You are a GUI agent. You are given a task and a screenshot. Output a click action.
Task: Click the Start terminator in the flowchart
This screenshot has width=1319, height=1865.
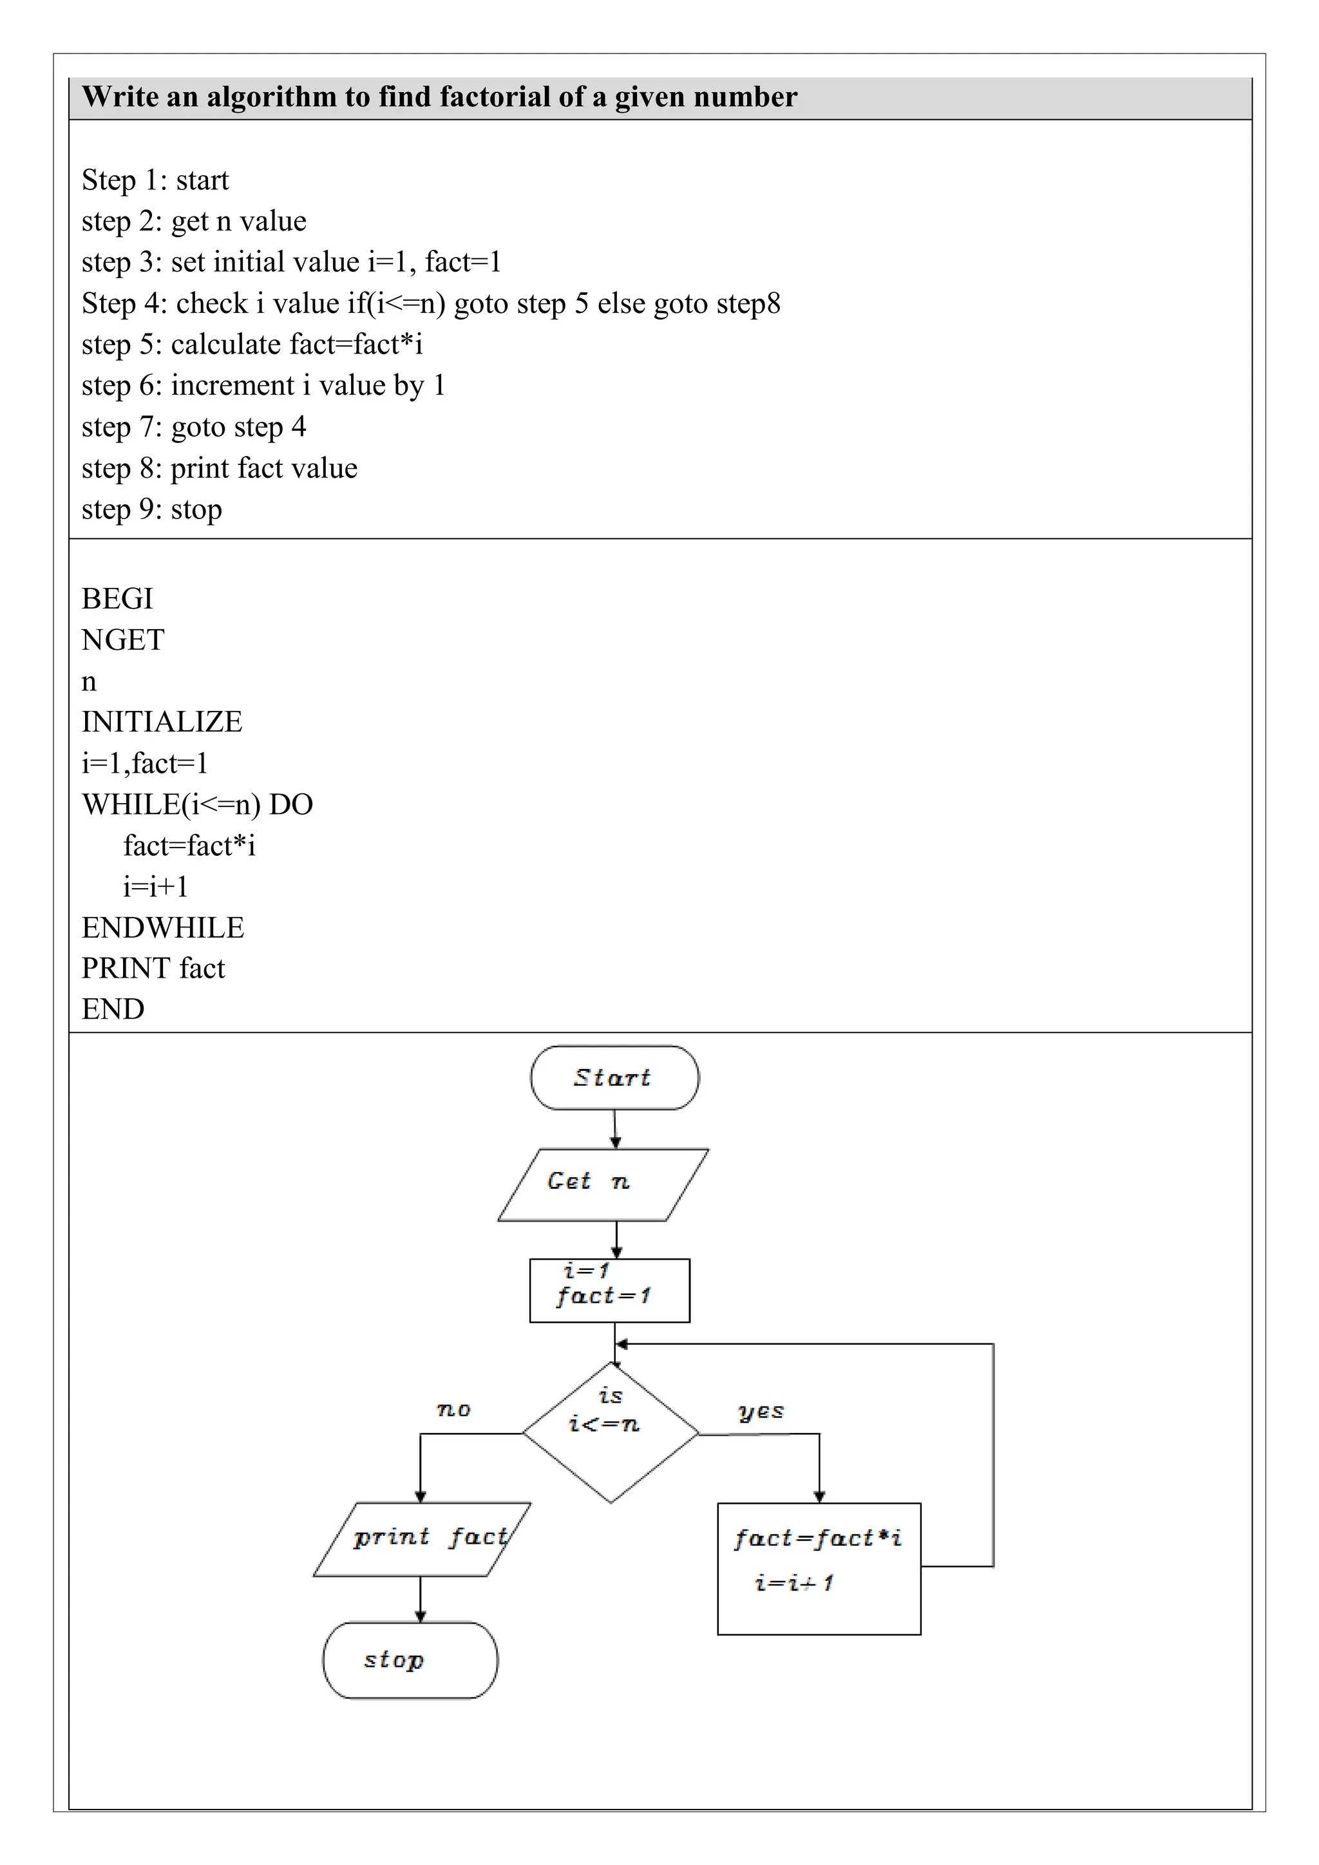[x=614, y=1077]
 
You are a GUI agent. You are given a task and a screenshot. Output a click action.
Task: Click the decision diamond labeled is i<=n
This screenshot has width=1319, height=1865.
[x=610, y=1433]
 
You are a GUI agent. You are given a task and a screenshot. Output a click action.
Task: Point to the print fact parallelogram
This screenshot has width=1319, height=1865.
[x=422, y=1539]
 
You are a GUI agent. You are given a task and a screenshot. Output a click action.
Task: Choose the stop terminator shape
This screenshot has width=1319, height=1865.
[x=410, y=1660]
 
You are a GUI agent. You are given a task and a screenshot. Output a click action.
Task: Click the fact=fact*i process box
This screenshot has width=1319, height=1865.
[x=819, y=1567]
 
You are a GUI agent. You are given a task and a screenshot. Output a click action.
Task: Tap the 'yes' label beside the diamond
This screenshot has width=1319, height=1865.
[x=760, y=1411]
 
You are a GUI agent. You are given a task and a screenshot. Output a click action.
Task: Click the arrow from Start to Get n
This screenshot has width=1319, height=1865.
[x=615, y=1129]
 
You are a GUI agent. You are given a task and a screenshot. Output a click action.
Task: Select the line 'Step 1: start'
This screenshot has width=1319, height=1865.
[x=155, y=180]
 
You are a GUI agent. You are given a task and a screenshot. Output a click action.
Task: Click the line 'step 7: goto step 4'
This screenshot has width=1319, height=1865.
[x=194, y=427]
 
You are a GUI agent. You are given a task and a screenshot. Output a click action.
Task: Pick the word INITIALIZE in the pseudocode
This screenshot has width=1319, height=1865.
[x=162, y=722]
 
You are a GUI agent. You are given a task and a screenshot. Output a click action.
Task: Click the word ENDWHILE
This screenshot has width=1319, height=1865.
[x=162, y=927]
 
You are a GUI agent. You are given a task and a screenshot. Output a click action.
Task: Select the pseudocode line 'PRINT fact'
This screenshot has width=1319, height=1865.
[x=153, y=968]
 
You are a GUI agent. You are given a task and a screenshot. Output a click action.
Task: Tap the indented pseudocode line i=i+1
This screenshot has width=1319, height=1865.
[x=155, y=887]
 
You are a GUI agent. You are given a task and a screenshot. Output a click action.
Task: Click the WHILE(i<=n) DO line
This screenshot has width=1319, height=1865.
[x=197, y=805]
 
